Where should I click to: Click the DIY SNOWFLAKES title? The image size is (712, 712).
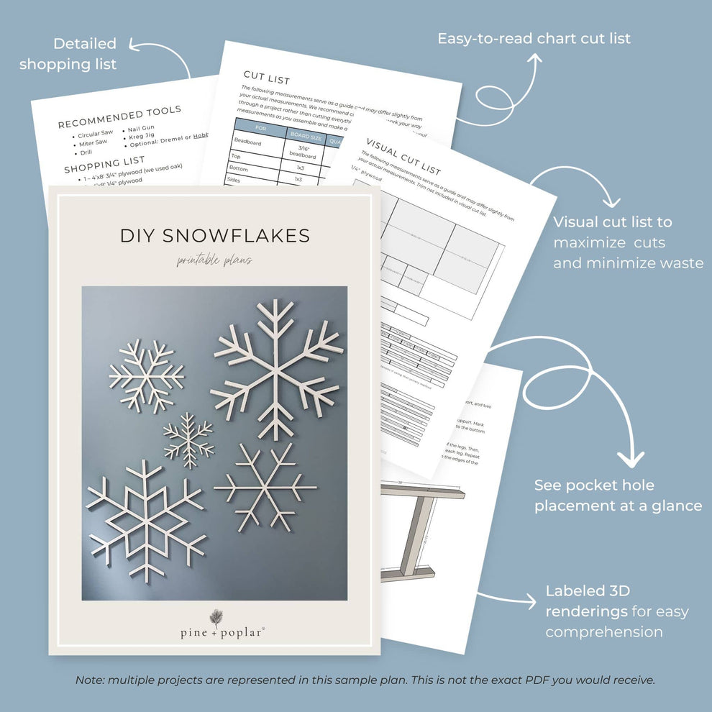[214, 235]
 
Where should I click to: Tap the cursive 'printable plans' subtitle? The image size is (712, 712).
[214, 260]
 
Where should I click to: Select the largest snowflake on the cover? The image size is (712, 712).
[275, 368]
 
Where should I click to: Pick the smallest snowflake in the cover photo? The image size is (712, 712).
[188, 440]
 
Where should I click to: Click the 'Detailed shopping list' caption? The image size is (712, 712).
[68, 54]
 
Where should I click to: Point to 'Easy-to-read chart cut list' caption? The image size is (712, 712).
[534, 38]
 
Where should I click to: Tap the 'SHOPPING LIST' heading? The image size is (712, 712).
[104, 165]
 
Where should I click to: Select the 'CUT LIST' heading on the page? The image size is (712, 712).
[266, 76]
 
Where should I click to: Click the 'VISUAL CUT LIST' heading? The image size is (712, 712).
[402, 156]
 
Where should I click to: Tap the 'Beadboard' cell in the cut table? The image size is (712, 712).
[249, 143]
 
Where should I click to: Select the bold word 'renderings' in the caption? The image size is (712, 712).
[585, 611]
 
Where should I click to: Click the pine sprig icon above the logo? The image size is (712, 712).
[214, 617]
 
